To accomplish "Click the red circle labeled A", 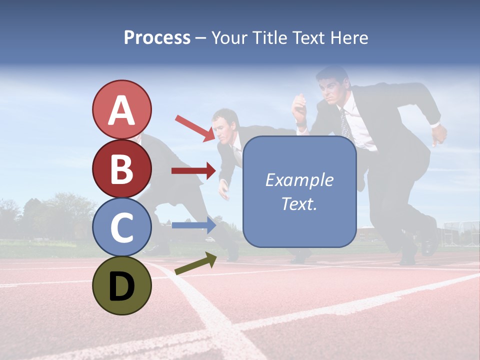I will click(x=121, y=109).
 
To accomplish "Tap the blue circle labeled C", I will click(x=121, y=227).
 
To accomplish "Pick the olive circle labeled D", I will click(x=121, y=285).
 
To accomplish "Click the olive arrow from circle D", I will click(x=195, y=263).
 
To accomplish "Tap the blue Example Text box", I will click(x=299, y=191).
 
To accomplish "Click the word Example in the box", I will click(x=299, y=180).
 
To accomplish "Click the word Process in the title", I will click(x=157, y=37).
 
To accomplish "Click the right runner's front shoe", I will click(x=429, y=242).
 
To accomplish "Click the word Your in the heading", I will click(x=229, y=37).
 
